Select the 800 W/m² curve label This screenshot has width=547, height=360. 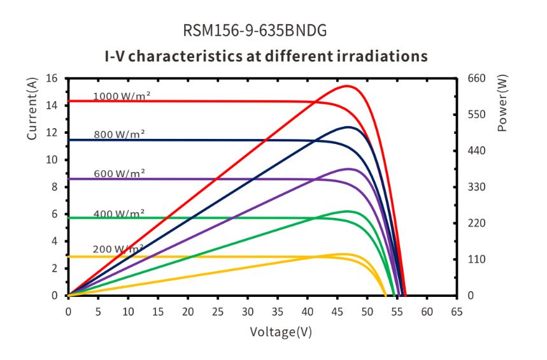[119, 134]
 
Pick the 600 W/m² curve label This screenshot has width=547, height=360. [119, 173]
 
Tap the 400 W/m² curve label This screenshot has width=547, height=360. [119, 213]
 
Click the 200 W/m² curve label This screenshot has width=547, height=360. [118, 248]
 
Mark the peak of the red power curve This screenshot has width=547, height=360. [347, 85]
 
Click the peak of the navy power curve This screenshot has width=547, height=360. [348, 127]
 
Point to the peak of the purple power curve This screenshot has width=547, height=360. [348, 169]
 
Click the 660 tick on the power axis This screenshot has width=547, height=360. [477, 78]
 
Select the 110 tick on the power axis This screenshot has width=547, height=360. [477, 259]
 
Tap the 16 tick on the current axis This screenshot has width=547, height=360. [52, 78]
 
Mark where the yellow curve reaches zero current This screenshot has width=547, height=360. [385, 296]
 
